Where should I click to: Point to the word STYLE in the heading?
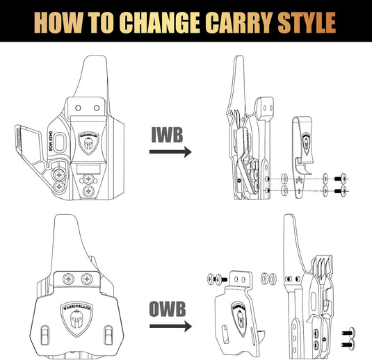tap(312, 22)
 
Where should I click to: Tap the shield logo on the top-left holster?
tap(89, 143)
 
